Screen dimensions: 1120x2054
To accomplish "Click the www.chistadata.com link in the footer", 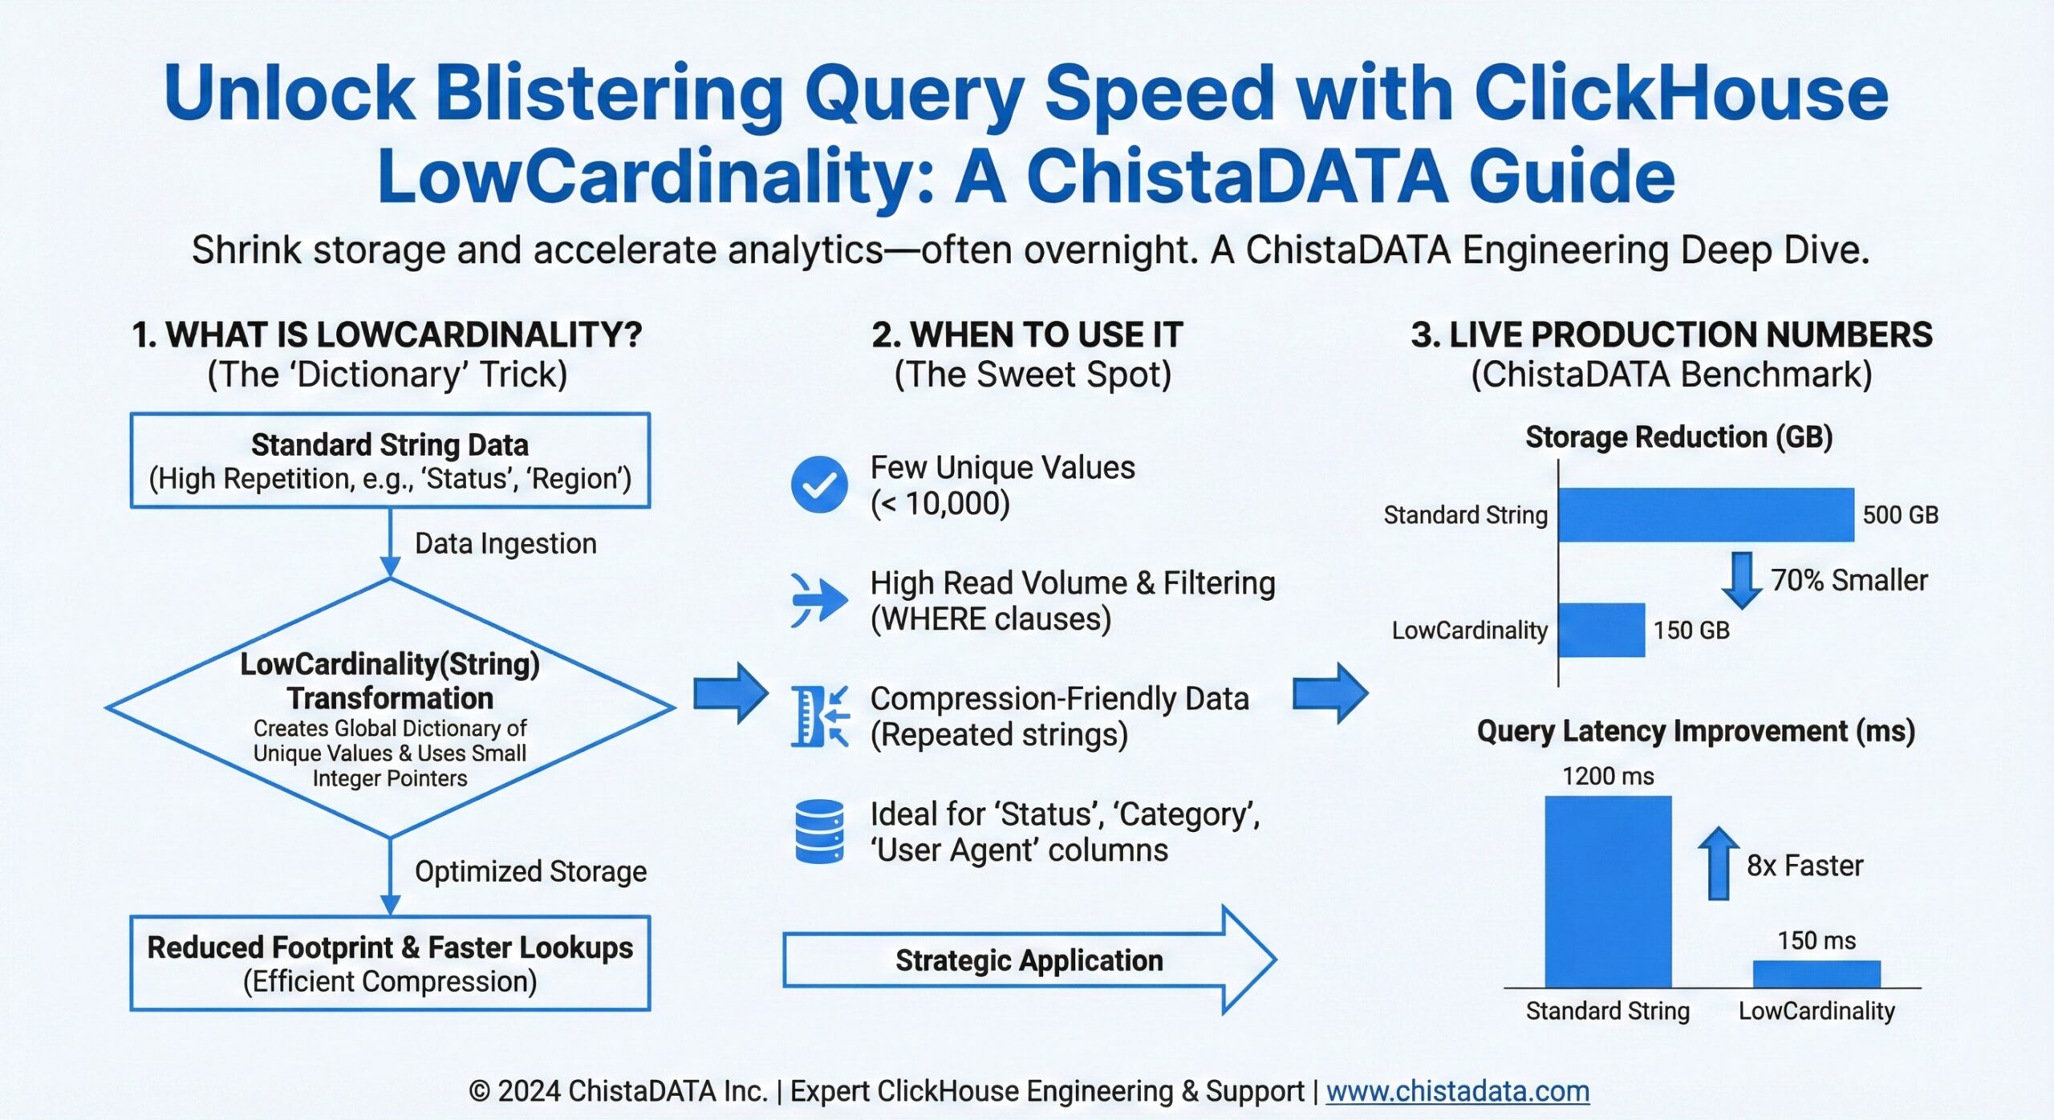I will (1457, 1091).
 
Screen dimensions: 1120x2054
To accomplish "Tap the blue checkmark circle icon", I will (818, 485).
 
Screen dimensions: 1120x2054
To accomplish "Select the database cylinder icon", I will (818, 831).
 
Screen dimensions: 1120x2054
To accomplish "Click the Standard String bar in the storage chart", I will (1706, 514).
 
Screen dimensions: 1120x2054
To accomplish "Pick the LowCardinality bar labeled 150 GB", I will (1601, 630).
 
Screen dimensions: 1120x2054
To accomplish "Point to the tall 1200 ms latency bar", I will (1608, 891).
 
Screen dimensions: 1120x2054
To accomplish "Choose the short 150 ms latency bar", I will (1817, 973).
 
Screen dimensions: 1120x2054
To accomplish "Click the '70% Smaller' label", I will (1849, 580).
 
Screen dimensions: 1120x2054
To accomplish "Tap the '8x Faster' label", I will (1804, 866).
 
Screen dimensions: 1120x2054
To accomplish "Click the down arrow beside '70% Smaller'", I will (1741, 579).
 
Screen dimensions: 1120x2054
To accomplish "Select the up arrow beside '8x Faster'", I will (1718, 863).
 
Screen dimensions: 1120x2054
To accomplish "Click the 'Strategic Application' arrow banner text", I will (1029, 960).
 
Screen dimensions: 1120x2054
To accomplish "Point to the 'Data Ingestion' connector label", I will (505, 544).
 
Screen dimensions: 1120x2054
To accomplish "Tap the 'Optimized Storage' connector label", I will (530, 871).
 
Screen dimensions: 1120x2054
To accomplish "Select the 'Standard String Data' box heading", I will (390, 444).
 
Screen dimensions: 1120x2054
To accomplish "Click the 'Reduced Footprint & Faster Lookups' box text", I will (390, 948).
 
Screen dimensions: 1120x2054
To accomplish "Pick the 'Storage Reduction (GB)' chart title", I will (1679, 437).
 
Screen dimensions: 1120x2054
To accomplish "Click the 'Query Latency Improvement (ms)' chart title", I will (1695, 731).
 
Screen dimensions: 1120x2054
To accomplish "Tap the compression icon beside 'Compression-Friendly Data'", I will (818, 716).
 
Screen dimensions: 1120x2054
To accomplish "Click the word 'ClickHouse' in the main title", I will (1681, 94).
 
